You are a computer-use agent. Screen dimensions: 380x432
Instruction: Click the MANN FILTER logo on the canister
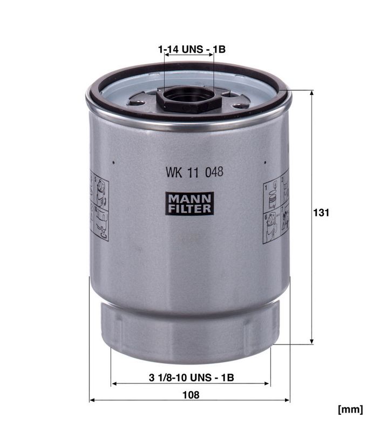pos(189,204)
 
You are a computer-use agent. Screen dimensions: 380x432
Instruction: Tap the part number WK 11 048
pos(194,172)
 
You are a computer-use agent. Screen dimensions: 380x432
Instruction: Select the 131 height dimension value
pos(321,213)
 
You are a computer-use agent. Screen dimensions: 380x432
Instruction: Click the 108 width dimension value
pos(191,395)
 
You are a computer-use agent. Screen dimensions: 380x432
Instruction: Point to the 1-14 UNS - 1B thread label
pos(192,49)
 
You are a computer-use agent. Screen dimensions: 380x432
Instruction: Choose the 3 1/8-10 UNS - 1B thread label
pos(192,377)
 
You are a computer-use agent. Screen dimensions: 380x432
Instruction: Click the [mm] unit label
pos(350,409)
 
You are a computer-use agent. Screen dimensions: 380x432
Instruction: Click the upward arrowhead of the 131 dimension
pos(311,93)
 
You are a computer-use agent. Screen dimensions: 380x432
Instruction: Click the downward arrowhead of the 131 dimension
pos(311,341)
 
